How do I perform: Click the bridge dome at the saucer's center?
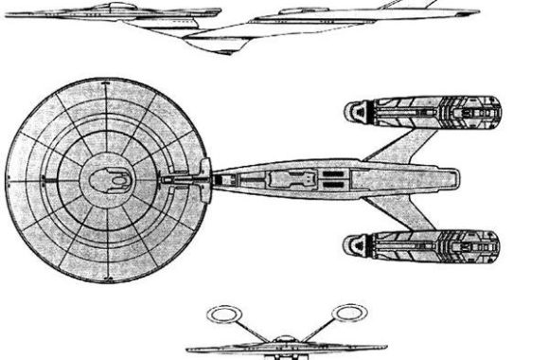113,176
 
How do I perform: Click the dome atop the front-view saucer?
285,340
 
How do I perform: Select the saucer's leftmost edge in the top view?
8,177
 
